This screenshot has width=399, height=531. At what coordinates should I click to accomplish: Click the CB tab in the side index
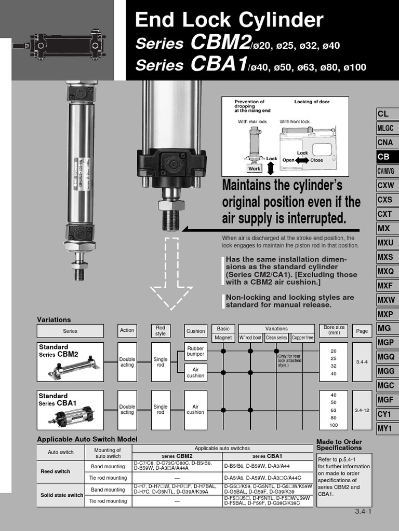[387, 157]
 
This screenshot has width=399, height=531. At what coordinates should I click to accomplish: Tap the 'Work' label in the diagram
[254, 169]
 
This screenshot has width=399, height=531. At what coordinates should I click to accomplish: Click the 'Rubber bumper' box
[195, 351]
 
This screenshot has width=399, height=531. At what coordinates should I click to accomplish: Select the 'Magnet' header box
[223, 338]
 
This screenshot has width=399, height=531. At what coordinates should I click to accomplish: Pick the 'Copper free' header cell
[302, 338]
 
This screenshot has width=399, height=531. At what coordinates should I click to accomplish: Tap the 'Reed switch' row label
[55, 471]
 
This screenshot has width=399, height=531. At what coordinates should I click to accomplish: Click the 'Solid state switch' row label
[62, 495]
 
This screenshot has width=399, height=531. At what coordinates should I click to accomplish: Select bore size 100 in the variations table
[333, 425]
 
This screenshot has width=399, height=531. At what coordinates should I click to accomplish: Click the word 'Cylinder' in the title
[280, 21]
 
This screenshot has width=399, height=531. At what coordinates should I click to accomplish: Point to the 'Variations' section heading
[54, 319]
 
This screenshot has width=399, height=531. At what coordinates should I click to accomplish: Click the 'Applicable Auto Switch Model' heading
[87, 439]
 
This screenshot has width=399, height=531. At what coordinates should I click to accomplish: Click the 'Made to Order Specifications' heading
[339, 444]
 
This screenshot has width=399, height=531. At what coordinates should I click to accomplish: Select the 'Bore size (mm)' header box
[334, 330]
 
